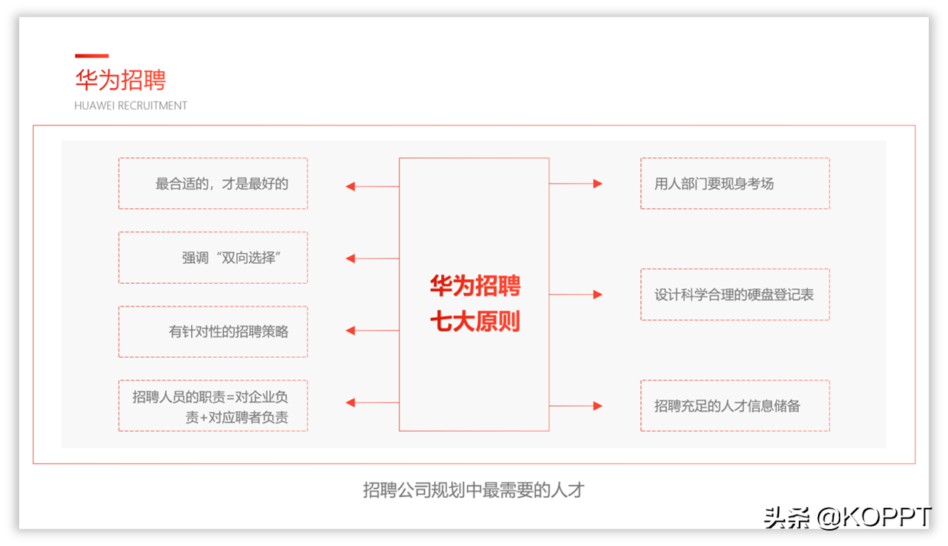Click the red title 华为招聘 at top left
point(121,80)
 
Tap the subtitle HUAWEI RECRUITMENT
point(131,106)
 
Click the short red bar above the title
point(92,56)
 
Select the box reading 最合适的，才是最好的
point(213,184)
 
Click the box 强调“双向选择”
point(213,258)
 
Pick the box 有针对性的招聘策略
point(213,331)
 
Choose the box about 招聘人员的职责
point(213,405)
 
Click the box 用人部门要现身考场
point(735,184)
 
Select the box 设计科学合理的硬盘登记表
point(735,294)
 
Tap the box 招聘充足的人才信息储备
point(735,405)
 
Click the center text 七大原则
point(475,321)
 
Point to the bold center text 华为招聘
point(475,285)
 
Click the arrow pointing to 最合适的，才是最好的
point(372,187)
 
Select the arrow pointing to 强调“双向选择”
point(372,258)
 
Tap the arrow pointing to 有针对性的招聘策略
point(372,330)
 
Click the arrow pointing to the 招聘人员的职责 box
point(372,402)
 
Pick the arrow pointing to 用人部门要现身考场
point(576,184)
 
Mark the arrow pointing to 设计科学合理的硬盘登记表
point(576,294)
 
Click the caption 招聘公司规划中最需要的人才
point(473,490)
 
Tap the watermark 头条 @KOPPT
point(847,517)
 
